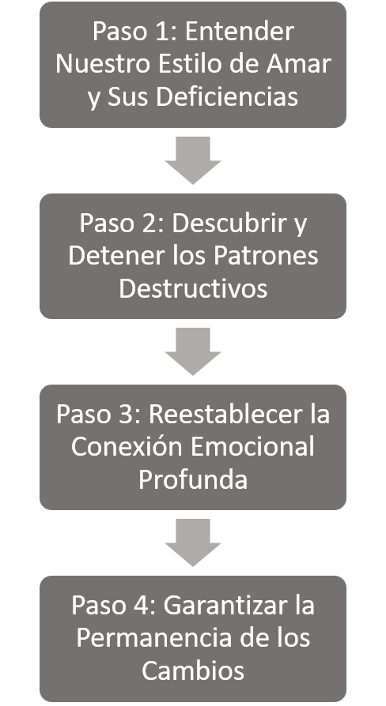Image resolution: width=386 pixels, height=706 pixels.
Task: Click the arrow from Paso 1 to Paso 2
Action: [x=193, y=160]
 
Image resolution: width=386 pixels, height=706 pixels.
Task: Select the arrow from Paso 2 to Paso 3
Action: [x=193, y=351]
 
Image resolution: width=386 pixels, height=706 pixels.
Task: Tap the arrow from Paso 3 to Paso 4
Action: [x=193, y=542]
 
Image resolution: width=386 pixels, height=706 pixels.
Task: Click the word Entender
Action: [x=240, y=32]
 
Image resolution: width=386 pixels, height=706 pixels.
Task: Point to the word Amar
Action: [x=298, y=64]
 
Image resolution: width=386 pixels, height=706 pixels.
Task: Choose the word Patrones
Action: [x=266, y=255]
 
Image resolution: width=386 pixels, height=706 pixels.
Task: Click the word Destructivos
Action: [x=193, y=287]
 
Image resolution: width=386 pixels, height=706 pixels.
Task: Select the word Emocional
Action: [x=252, y=446]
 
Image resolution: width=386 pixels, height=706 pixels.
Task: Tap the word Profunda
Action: [x=193, y=479]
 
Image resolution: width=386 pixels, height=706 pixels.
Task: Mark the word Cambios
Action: [x=193, y=670]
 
